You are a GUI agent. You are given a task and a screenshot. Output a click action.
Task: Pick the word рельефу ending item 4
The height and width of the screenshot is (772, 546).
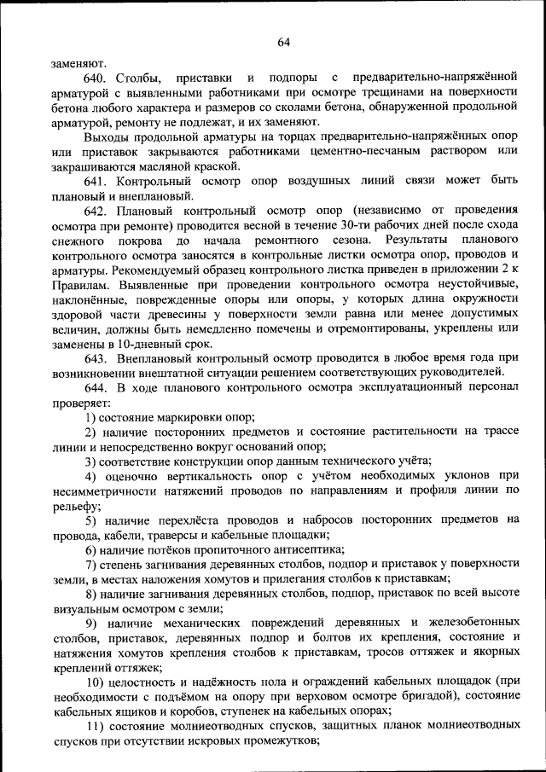click(x=73, y=505)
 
